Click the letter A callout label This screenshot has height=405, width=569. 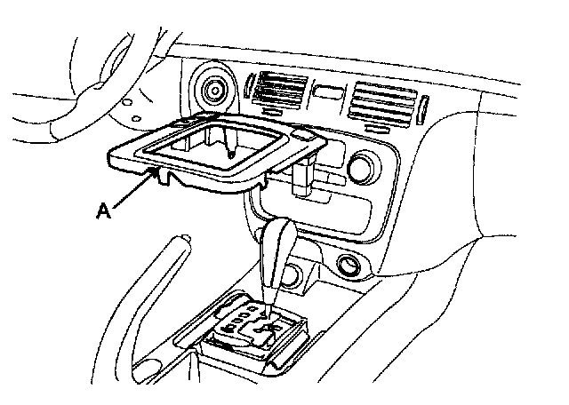[x=103, y=211]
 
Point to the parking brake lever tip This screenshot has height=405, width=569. [x=184, y=240]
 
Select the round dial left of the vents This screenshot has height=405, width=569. [x=214, y=89]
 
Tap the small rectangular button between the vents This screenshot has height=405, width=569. [x=328, y=91]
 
